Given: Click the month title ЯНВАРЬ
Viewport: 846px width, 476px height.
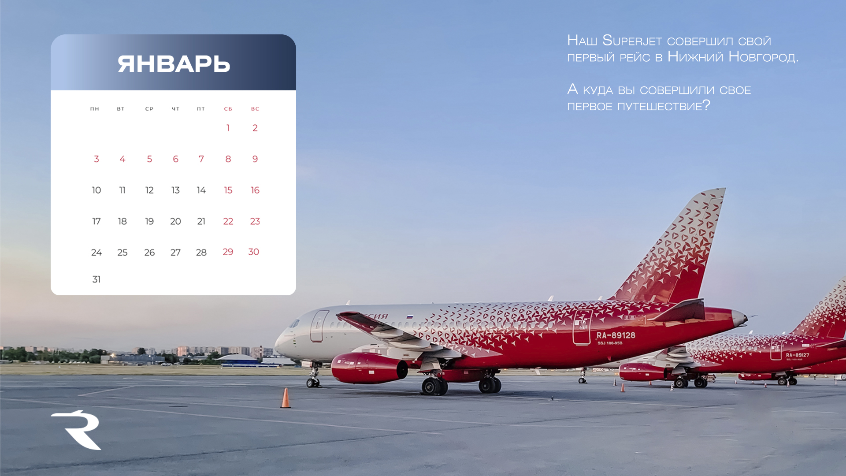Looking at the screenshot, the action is coord(174,64).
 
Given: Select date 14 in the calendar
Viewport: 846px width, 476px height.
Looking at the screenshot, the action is coord(201,190).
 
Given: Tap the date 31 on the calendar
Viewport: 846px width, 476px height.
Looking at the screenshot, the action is coord(96,279).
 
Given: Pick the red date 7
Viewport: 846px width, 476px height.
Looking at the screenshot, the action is coord(201,159).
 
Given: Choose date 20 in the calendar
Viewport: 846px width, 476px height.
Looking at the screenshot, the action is coord(175,221).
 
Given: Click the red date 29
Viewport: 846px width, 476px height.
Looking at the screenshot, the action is coord(228,252).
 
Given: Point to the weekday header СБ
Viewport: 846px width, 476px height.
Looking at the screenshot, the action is coord(228,109).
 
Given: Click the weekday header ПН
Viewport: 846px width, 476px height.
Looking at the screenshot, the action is coord(95,109).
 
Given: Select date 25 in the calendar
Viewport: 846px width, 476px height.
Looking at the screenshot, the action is coord(122,253).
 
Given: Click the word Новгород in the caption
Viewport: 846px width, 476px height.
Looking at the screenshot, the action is coord(763,57).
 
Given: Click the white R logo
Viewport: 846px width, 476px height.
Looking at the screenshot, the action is coord(77,430).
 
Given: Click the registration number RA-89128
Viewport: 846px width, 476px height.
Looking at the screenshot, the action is coord(616,335).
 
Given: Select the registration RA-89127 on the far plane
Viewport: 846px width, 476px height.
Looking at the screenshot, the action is coord(798,355).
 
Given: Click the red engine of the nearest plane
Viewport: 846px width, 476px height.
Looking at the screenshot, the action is coord(369,368).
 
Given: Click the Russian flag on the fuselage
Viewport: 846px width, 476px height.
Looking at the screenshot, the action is coord(410,317).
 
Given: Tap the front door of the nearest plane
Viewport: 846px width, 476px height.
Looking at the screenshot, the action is coord(319,326).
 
